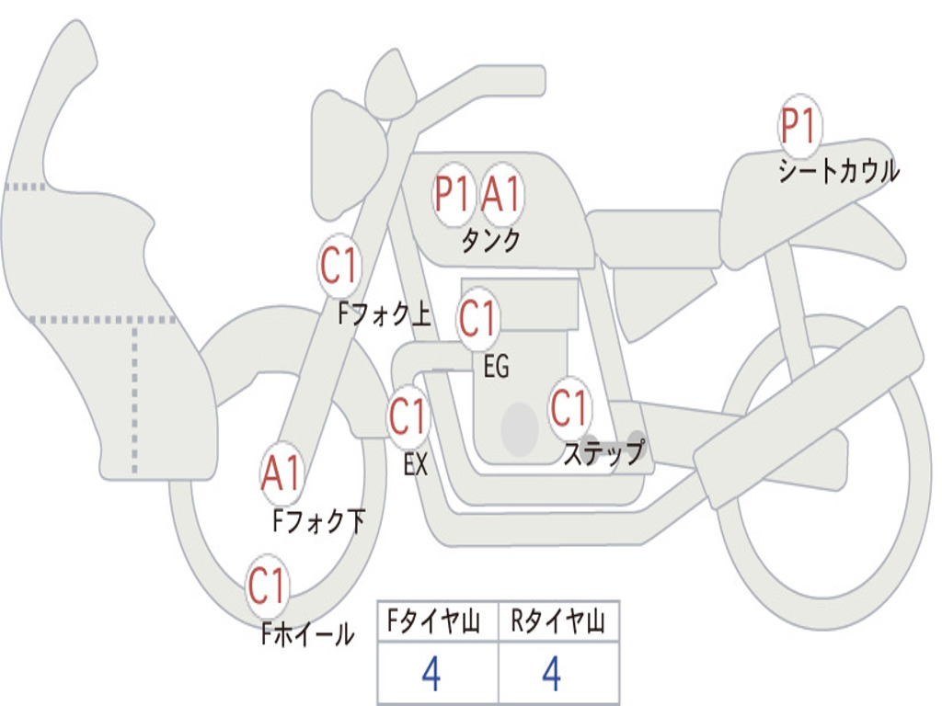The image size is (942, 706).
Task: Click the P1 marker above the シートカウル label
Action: click(x=799, y=125)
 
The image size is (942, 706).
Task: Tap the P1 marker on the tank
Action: click(x=453, y=194)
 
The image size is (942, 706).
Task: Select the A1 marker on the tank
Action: click(x=500, y=194)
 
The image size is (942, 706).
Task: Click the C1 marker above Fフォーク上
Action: click(x=339, y=265)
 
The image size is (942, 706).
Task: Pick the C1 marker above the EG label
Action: click(x=477, y=318)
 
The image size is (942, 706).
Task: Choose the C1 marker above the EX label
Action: click(x=408, y=416)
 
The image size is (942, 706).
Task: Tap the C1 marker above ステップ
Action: click(x=569, y=407)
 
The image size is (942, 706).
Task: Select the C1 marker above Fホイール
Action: click(x=267, y=586)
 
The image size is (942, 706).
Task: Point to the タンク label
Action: click(x=491, y=240)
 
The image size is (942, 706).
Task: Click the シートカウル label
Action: click(x=839, y=170)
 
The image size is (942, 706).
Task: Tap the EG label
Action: click(x=496, y=366)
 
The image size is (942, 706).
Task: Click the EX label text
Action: click(x=416, y=464)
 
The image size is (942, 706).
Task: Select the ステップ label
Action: click(x=603, y=452)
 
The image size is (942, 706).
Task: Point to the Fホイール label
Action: click(x=307, y=633)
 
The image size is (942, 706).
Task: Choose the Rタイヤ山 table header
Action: click(x=557, y=621)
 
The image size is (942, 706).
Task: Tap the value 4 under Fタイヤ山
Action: click(x=431, y=674)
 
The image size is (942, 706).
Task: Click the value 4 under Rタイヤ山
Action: click(x=552, y=674)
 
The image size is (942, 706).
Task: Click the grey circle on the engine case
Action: click(x=520, y=428)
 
